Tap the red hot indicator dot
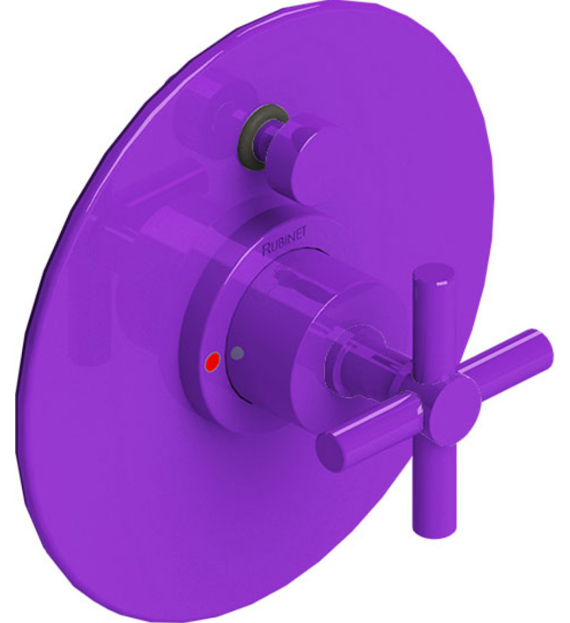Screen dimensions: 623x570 pyautogui.click(x=213, y=360)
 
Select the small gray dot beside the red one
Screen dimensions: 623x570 pyautogui.click(x=238, y=353)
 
